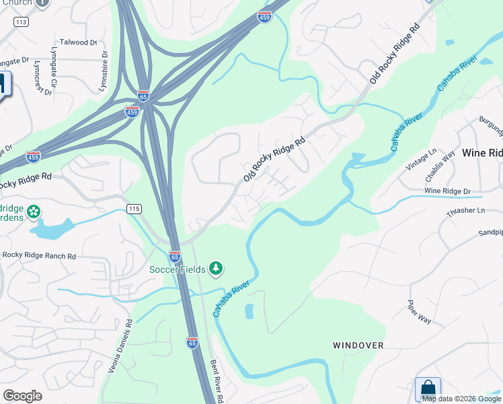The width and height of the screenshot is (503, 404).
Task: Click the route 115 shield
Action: pyautogui.click(x=134, y=209)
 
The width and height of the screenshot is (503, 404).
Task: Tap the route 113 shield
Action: pyautogui.click(x=21, y=22)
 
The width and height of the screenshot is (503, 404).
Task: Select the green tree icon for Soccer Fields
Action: pyautogui.click(x=215, y=269)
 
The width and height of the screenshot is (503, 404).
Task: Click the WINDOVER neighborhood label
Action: pyautogui.click(x=358, y=345)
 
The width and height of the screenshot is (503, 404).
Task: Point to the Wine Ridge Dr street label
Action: pyautogui.click(x=447, y=192)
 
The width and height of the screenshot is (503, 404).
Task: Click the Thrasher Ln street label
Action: pyautogui.click(x=465, y=211)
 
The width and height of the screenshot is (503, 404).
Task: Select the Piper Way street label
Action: pyautogui.click(x=420, y=312)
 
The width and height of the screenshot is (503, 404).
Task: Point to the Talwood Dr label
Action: pyautogui.click(x=79, y=42)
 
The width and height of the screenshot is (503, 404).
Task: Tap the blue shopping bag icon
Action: pyautogui.click(x=428, y=389)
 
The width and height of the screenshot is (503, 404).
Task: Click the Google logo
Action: pyautogui.click(x=22, y=396)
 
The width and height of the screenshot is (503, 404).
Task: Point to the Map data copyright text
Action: pyautogui.click(x=461, y=399)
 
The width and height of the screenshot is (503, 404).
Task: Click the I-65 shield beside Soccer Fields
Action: pyautogui.click(x=175, y=257)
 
